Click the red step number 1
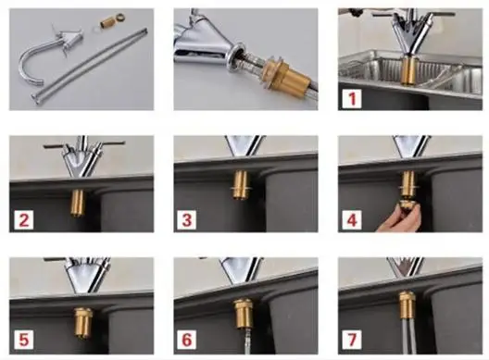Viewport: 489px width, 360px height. pyautogui.click(x=353, y=98)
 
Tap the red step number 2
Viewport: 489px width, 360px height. pyautogui.click(x=24, y=220)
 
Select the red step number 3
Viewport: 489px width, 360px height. pyautogui.click(x=187, y=220)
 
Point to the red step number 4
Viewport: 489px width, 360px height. pyautogui.click(x=352, y=220)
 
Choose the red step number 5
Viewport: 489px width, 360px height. pyautogui.click(x=24, y=340)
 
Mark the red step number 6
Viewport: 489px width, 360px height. pyautogui.click(x=187, y=340)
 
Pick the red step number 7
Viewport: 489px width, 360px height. pyautogui.click(x=352, y=340)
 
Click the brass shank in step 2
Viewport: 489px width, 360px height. pyautogui.click(x=78, y=203)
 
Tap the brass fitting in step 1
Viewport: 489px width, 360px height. pyautogui.click(x=408, y=71)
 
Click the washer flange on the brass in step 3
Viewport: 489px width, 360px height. pyautogui.click(x=241, y=188)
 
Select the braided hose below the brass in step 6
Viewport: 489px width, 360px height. pyautogui.click(x=246, y=342)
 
